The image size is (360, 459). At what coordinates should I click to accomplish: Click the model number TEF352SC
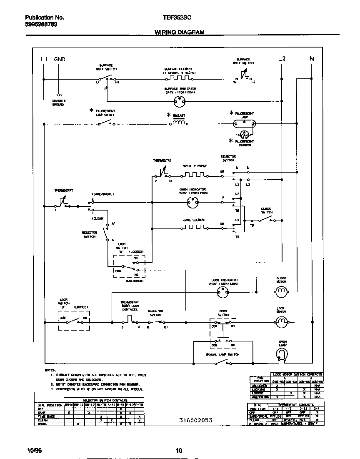tap(177, 18)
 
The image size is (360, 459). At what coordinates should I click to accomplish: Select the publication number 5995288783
tap(41, 25)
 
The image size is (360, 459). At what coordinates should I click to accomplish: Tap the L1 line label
tap(45, 59)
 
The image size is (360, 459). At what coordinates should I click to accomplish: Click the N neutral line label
tap(311, 59)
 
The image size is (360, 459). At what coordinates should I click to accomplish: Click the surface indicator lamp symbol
tap(180, 100)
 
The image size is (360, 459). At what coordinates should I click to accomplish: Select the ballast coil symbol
tap(179, 123)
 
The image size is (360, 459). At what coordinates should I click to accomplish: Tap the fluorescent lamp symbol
tap(244, 123)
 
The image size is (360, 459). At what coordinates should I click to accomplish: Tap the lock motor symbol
tap(282, 321)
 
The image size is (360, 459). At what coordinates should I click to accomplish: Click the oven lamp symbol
tap(283, 354)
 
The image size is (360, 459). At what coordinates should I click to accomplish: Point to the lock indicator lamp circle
tap(223, 293)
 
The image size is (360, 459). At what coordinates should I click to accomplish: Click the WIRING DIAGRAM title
tap(179, 32)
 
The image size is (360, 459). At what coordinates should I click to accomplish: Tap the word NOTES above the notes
tap(50, 370)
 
